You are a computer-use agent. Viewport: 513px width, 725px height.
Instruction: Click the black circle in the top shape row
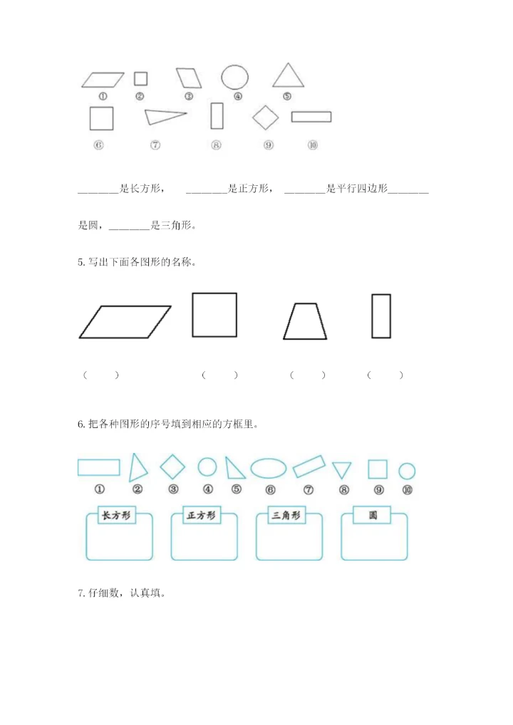(x=234, y=77)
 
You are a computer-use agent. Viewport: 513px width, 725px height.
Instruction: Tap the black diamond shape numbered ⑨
(x=266, y=118)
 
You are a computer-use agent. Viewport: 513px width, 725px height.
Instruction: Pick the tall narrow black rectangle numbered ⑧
(x=217, y=116)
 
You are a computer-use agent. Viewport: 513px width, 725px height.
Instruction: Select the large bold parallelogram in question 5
(x=125, y=322)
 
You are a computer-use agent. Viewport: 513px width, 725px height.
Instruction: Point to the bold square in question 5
(x=214, y=315)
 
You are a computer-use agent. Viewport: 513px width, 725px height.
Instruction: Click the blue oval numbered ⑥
(x=269, y=468)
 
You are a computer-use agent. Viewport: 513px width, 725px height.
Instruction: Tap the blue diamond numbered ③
(x=172, y=467)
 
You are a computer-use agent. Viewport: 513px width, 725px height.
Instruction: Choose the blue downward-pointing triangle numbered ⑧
(x=342, y=469)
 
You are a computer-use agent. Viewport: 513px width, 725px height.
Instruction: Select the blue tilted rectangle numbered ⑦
(x=309, y=467)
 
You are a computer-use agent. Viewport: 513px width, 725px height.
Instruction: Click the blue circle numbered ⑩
(x=407, y=471)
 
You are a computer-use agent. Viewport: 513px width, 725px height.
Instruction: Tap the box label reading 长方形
(x=117, y=516)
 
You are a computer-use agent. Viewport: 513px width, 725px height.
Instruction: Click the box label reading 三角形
(x=286, y=516)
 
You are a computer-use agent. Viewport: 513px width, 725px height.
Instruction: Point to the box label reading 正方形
(x=201, y=516)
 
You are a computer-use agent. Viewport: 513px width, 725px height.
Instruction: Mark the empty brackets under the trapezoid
(x=308, y=375)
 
